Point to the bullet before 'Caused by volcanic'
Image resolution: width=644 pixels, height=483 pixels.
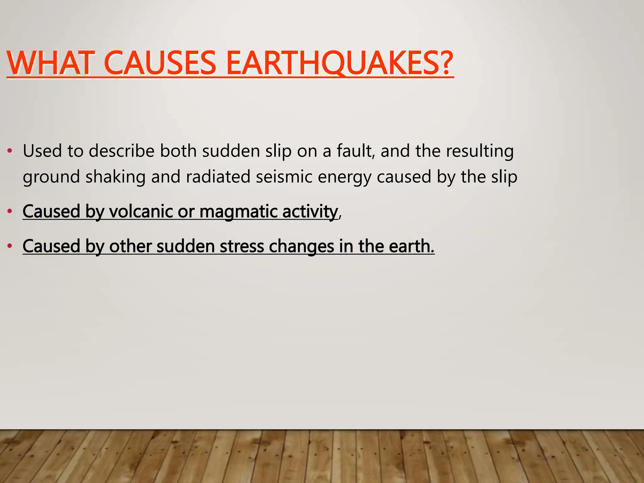10,211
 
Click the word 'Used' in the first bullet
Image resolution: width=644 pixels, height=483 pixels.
42,151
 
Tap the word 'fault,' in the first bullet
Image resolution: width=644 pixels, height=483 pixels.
356,151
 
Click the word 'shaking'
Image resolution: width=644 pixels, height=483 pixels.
115,177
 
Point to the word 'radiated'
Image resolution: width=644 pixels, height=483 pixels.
218,177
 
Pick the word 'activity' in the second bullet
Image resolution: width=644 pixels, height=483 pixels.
310,211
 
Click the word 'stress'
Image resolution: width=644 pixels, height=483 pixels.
242,246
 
